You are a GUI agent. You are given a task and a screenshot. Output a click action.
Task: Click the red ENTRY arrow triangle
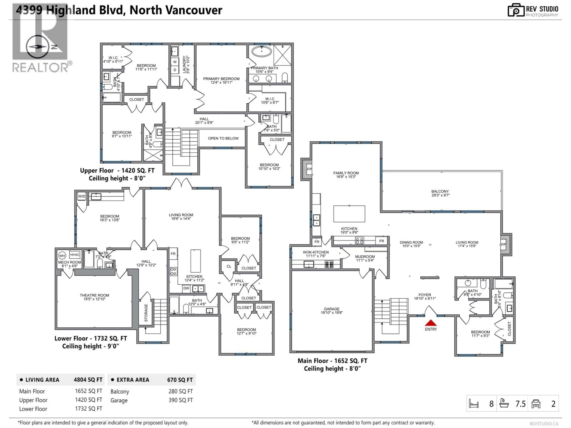(x=431, y=323)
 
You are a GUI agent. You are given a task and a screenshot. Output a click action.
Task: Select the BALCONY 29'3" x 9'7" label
(x=440, y=193)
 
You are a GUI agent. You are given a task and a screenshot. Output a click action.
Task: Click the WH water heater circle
(x=62, y=256)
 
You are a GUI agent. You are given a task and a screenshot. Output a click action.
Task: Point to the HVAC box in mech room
(x=75, y=255)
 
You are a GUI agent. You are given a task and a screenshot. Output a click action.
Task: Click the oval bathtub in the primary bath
(x=262, y=51)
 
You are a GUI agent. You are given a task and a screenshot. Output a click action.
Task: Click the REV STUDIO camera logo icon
(x=516, y=10)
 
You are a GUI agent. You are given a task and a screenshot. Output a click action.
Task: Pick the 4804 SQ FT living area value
(x=88, y=380)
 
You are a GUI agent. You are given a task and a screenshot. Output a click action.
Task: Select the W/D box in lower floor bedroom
(x=82, y=196)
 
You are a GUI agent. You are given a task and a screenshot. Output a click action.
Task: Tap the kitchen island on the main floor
(x=349, y=214)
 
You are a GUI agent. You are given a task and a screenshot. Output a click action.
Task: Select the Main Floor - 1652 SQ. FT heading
(x=332, y=361)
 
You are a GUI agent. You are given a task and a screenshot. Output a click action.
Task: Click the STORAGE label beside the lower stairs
(x=146, y=313)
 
